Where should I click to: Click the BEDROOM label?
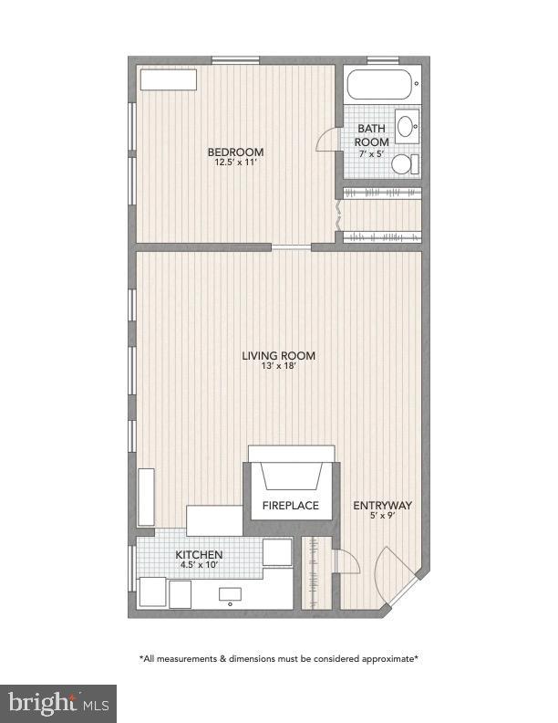[x=235, y=152]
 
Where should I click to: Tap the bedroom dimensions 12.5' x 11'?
[x=235, y=162]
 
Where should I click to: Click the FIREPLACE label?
[x=291, y=505]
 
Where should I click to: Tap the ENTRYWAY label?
[x=383, y=505]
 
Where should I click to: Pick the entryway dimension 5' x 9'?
[x=383, y=516]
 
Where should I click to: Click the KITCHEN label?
[x=199, y=554]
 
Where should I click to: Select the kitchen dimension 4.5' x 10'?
[x=199, y=565]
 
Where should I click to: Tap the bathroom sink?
[x=408, y=126]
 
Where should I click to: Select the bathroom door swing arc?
[x=325, y=138]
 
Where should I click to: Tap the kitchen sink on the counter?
[x=230, y=595]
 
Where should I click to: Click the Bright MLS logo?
[x=58, y=703]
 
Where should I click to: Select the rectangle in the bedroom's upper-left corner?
[x=169, y=79]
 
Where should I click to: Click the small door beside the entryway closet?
[x=347, y=562]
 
